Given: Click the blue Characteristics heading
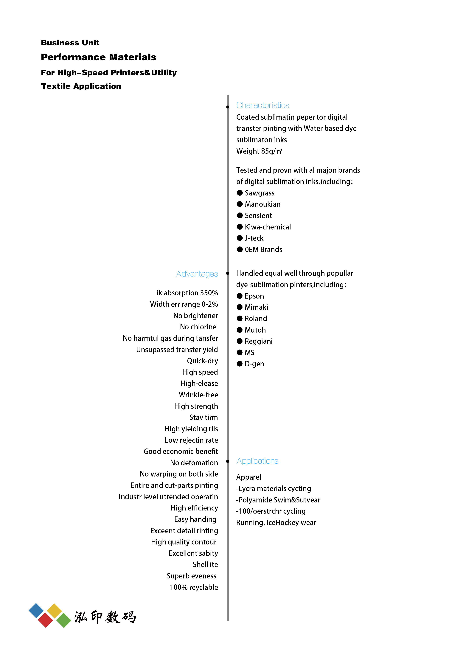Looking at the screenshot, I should [x=262, y=105].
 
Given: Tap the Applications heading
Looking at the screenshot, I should [x=257, y=461].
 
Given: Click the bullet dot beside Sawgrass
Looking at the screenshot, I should [x=240, y=193].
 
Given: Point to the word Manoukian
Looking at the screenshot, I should [x=262, y=204].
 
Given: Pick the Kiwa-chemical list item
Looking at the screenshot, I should [x=268, y=227].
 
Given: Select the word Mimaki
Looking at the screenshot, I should [x=256, y=307].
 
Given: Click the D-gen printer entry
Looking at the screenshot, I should [x=254, y=364].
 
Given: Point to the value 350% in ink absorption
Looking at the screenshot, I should [x=209, y=293].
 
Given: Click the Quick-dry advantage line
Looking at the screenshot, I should [x=202, y=361].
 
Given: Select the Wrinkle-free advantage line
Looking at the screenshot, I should [x=198, y=395].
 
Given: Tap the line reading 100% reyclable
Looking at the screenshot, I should [x=194, y=587].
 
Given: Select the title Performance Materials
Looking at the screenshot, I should [x=98, y=57].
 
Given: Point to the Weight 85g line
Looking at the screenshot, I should [x=259, y=151].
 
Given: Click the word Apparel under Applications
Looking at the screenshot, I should [x=248, y=477].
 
